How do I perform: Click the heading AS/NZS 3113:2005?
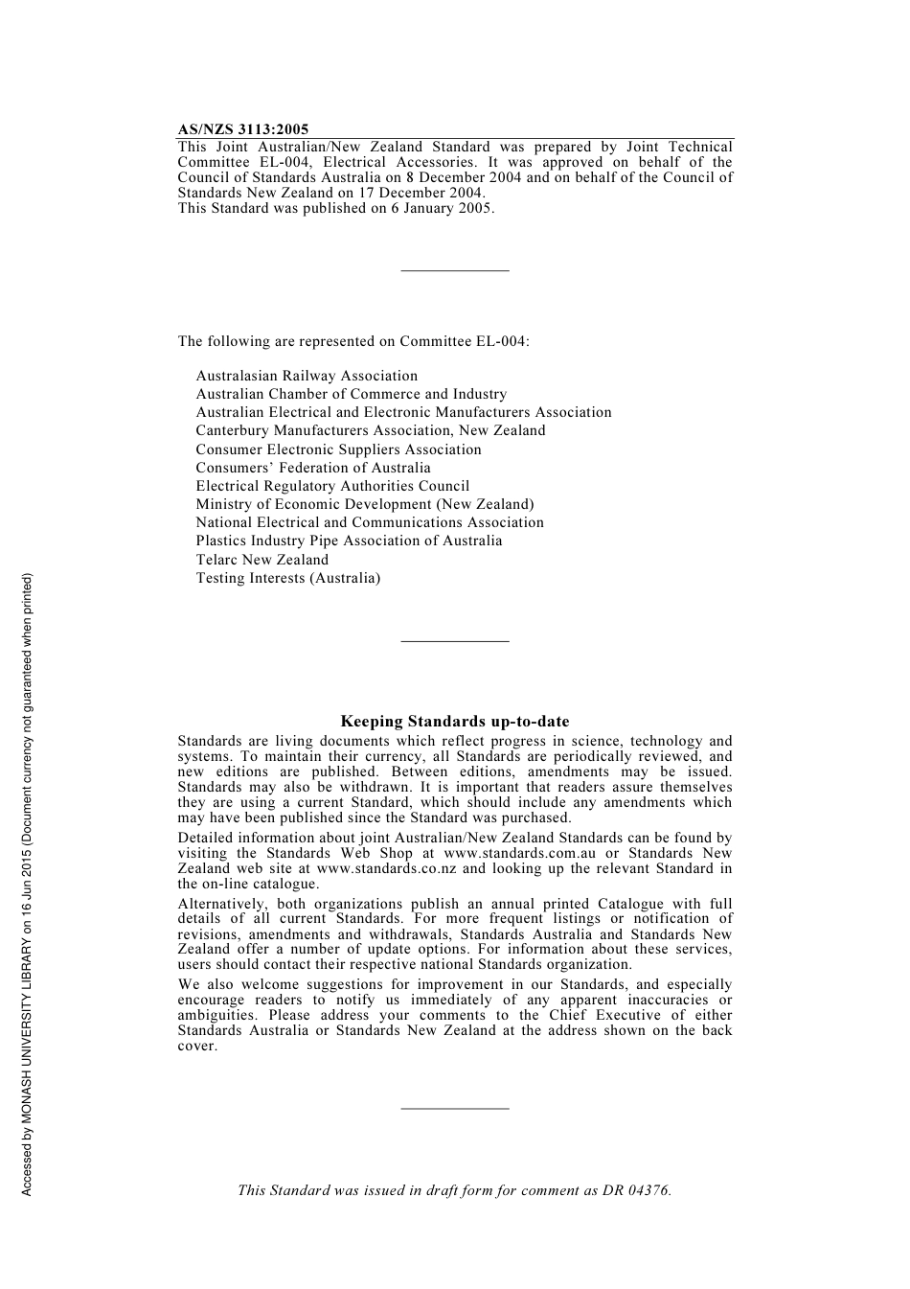click(243, 129)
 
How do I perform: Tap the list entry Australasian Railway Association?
click(307, 376)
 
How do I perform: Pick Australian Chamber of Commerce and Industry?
click(352, 394)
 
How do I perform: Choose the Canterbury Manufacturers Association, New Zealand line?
click(371, 430)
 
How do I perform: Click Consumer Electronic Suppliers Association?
click(339, 449)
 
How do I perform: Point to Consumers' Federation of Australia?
click(313, 468)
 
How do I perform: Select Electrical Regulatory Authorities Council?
click(332, 486)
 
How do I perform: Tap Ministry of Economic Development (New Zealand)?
click(365, 504)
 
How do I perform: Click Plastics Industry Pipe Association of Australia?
click(349, 541)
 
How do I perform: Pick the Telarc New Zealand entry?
click(262, 560)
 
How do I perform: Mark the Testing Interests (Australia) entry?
click(288, 578)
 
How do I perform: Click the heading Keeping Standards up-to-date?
click(455, 722)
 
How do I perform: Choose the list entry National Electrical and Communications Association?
click(370, 522)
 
